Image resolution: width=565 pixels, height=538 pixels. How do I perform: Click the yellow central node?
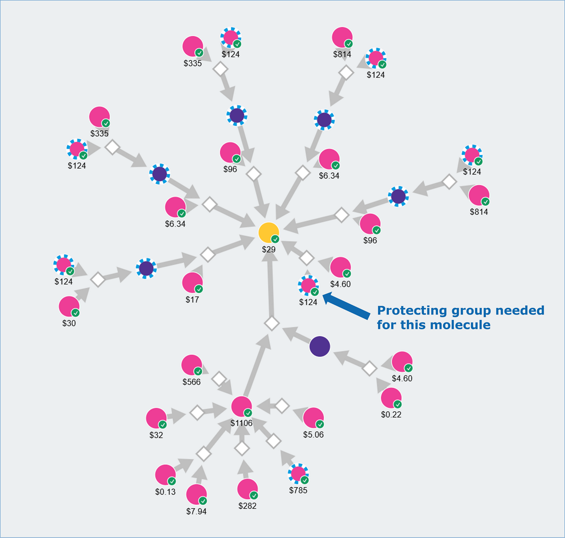point(268,232)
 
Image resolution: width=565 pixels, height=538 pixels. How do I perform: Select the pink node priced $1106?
point(241,406)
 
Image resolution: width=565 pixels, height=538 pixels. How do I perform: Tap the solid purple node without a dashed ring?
point(320,346)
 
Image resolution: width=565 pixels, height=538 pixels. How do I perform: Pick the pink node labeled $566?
point(192,365)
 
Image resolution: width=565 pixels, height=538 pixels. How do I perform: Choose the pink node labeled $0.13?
point(166,475)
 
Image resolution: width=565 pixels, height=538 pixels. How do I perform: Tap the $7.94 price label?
point(196,511)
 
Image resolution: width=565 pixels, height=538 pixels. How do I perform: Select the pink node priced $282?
point(247,489)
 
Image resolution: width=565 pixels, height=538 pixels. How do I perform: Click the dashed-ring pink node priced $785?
point(298,474)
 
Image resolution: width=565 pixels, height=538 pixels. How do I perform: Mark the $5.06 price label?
point(313,435)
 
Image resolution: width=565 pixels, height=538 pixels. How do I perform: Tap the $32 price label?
point(156,435)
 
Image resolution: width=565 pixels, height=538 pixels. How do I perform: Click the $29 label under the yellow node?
point(268,250)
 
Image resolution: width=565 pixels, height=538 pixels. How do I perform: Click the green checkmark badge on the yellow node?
point(275,239)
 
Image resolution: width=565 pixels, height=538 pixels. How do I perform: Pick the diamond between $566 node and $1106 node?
point(219,379)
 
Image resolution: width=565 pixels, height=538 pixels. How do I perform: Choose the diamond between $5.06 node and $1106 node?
point(282,405)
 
